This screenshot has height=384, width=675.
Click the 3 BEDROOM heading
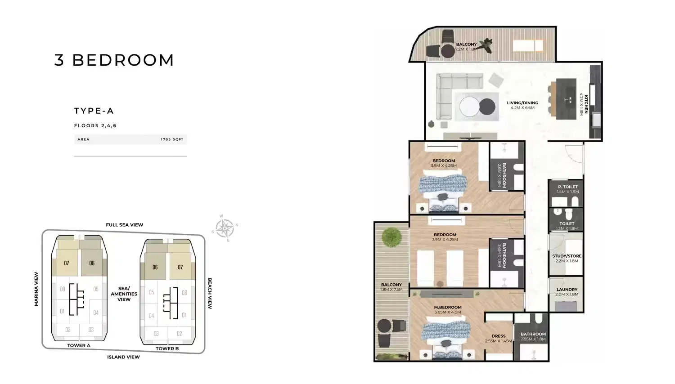(114, 60)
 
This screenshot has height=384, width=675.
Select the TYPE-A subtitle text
(94, 111)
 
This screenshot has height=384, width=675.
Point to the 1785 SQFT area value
(172, 139)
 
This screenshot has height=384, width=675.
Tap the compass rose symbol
(225, 228)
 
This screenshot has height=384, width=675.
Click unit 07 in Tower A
(67, 263)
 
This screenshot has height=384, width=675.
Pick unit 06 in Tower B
(155, 267)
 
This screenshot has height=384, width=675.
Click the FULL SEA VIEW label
(125, 225)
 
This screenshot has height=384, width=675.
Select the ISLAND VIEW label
(123, 357)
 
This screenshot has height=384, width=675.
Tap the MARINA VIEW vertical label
(36, 289)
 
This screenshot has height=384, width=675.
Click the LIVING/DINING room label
(522, 103)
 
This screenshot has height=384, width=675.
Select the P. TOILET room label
(567, 187)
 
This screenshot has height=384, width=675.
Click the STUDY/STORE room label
(567, 256)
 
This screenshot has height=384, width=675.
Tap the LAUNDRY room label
(567, 290)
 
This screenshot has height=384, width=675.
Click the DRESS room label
(498, 336)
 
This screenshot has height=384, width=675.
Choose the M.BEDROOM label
(447, 307)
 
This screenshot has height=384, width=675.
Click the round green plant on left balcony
(391, 237)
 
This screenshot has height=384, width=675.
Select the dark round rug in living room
(487, 107)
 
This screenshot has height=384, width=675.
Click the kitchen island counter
(566, 99)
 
